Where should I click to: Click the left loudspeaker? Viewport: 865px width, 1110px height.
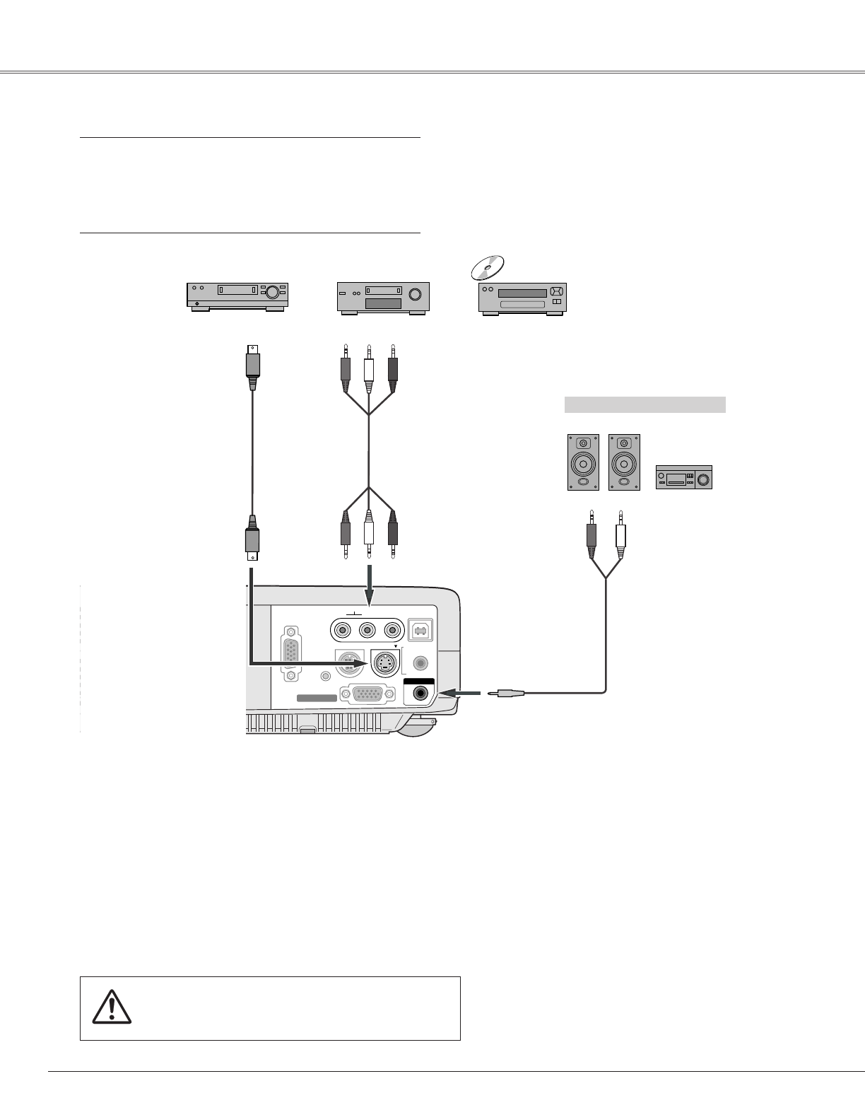(583, 462)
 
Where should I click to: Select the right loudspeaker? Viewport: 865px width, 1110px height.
(624, 462)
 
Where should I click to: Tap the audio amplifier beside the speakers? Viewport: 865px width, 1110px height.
(683, 477)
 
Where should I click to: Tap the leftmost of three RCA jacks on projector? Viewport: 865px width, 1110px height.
(343, 629)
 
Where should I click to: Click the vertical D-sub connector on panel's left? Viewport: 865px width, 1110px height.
(290, 653)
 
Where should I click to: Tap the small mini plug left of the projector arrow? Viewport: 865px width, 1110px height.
(508, 694)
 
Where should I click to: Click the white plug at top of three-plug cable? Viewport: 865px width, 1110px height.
(368, 370)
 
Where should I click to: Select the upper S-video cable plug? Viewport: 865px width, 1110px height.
(252, 366)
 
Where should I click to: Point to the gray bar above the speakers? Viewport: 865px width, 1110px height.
(645, 404)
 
